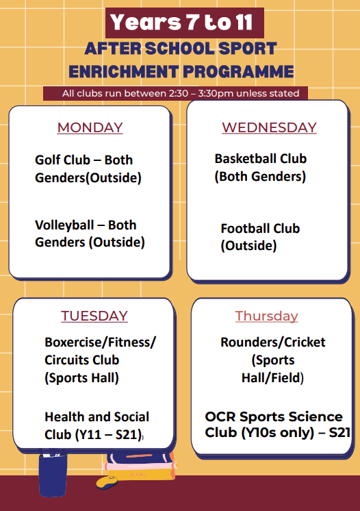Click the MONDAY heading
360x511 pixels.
click(x=90, y=127)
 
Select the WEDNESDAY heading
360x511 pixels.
click(x=269, y=127)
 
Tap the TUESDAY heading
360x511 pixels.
click(x=94, y=316)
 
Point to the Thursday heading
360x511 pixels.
click(x=267, y=316)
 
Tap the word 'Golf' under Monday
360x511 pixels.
click(x=48, y=160)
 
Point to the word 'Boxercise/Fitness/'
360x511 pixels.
click(x=100, y=342)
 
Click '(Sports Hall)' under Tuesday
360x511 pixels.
click(x=81, y=377)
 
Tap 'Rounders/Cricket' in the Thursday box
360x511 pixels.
click(x=272, y=342)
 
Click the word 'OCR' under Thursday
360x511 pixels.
click(x=220, y=416)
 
